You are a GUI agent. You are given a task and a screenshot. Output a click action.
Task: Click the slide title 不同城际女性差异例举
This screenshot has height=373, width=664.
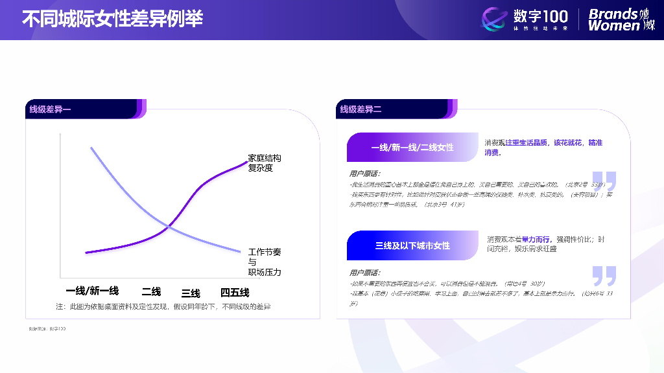(x=112, y=18)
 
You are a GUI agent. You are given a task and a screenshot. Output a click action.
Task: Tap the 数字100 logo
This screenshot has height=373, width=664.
(x=525, y=19)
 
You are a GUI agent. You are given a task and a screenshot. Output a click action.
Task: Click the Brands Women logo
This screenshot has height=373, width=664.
(x=621, y=19)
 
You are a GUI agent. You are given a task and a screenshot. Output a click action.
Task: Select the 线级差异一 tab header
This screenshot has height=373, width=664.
(x=51, y=109)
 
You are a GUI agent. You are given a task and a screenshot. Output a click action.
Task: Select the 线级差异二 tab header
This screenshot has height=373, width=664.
(x=361, y=109)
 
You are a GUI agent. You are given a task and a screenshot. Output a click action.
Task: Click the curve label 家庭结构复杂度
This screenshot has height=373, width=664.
(x=265, y=163)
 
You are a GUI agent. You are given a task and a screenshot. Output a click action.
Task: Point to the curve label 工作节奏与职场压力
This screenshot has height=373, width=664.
(x=265, y=262)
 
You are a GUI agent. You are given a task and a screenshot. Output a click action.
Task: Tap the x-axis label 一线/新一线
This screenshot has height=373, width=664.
(x=92, y=291)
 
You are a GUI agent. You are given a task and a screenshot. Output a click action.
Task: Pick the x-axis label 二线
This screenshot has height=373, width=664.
(x=151, y=291)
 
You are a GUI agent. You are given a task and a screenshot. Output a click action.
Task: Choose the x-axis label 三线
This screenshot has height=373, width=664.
(x=191, y=293)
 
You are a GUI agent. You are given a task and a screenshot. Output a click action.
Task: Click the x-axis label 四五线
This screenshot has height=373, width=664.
(x=235, y=292)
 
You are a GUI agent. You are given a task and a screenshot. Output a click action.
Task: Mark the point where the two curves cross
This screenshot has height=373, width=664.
(x=169, y=226)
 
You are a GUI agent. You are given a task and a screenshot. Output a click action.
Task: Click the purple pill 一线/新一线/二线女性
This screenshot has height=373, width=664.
(x=412, y=147)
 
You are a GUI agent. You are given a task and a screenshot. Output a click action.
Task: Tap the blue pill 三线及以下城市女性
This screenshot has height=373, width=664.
(x=412, y=245)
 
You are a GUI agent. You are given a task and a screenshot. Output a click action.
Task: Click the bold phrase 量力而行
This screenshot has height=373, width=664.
(x=536, y=240)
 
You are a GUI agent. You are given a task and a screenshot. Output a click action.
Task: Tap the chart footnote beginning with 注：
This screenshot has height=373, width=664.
(x=163, y=306)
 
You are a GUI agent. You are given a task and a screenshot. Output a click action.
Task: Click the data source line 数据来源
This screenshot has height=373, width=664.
(x=47, y=329)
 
